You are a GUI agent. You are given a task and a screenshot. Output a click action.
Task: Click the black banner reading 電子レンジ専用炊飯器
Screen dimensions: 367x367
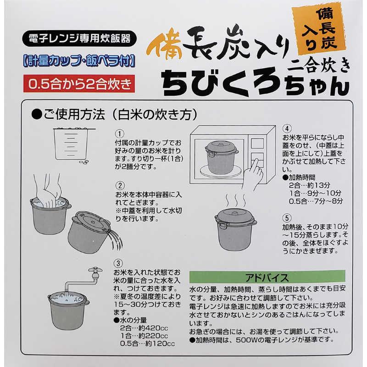(x=79, y=39)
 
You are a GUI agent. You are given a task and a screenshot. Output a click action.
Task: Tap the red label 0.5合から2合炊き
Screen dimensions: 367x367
(x=79, y=83)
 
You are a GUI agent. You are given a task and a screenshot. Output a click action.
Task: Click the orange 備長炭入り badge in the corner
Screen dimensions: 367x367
(x=319, y=28)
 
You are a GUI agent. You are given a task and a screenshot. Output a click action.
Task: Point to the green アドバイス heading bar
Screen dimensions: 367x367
(x=267, y=277)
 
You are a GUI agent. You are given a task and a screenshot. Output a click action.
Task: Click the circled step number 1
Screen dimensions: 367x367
(x=120, y=134)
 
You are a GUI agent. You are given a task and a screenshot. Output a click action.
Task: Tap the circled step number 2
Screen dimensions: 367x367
(x=120, y=186)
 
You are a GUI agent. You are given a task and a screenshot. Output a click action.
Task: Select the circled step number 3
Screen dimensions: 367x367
(x=118, y=263)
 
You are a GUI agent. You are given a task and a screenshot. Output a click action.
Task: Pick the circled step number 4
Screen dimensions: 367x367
(x=287, y=128)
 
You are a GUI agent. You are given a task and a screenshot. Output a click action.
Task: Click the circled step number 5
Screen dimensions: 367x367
(x=287, y=218)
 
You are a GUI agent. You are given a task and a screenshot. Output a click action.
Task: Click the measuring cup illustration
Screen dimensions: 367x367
(x=71, y=144)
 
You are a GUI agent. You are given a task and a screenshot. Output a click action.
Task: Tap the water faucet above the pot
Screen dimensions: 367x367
(x=95, y=273)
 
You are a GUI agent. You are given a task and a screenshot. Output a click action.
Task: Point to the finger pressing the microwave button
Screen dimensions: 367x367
(x=254, y=175)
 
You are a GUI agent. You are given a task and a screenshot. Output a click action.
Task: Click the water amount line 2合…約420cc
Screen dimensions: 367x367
(x=144, y=328)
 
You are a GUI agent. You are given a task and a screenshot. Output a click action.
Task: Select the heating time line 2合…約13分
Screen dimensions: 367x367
(x=309, y=185)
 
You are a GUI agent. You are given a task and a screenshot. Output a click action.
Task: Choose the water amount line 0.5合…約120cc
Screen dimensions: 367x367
(x=147, y=343)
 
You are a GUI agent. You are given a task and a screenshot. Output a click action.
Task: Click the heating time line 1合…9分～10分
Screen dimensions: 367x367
(x=315, y=193)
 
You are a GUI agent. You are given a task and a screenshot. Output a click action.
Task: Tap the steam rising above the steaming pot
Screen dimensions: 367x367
(x=236, y=200)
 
